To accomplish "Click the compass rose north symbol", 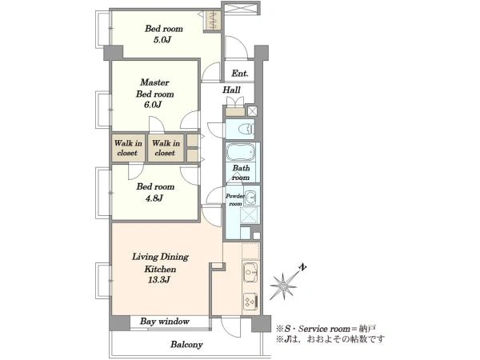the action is [x=284, y=285].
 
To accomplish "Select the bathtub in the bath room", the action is [x=240, y=152].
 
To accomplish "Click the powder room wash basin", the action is [x=251, y=197].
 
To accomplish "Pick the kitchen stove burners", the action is [x=250, y=302].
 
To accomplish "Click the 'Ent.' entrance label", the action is [x=240, y=74].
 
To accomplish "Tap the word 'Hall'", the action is [x=231, y=90].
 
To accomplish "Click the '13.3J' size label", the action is [x=159, y=280].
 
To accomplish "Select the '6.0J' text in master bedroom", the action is [x=153, y=105].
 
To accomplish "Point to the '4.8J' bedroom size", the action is [x=154, y=198].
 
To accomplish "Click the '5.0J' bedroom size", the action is [x=162, y=40].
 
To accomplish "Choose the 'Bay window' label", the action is [x=165, y=322].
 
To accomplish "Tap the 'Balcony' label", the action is [x=186, y=345].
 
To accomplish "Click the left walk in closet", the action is [x=128, y=148].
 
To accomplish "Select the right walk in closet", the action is [x=166, y=148].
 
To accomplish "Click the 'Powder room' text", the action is [x=235, y=199].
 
